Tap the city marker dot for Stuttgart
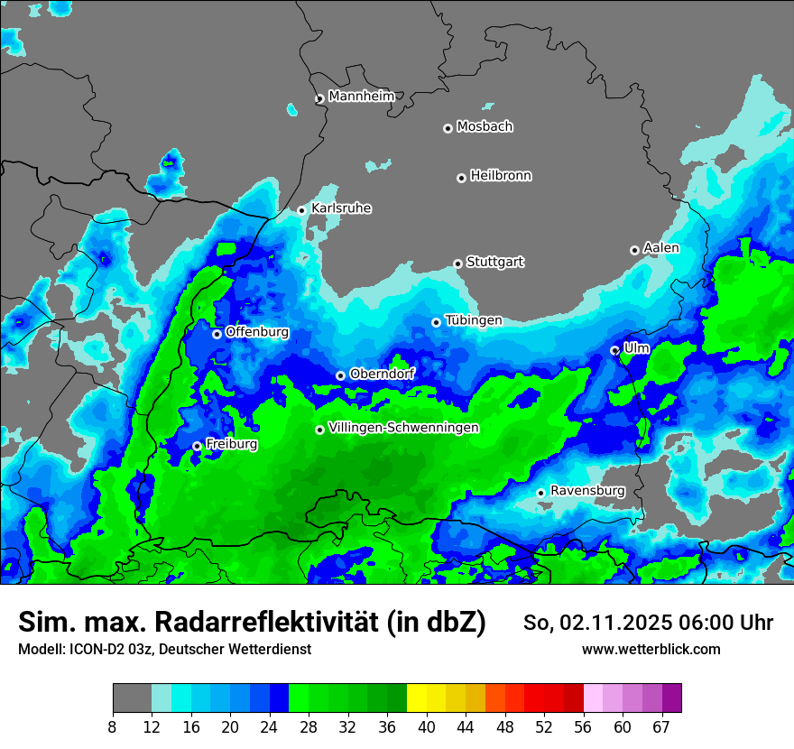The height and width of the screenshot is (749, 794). click(457, 264)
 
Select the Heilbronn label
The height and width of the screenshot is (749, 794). click(501, 176)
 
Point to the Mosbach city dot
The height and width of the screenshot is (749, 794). click(448, 128)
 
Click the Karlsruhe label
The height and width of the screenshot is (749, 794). click(341, 208)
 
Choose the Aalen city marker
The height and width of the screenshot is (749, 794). click(634, 250)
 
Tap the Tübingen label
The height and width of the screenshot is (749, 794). click(474, 320)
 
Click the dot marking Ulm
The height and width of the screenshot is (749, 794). click(614, 350)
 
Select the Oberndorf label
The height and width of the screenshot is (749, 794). click(382, 374)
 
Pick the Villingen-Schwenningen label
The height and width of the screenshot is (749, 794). click(403, 428)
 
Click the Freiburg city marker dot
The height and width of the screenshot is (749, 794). click(197, 446)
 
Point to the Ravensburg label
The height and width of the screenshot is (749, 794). click(587, 491)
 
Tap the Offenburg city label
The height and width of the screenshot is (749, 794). click(257, 332)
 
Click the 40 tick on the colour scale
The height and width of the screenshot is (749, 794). click(427, 727)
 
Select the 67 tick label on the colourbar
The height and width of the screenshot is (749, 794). click(661, 727)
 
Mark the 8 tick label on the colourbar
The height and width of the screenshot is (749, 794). click(113, 727)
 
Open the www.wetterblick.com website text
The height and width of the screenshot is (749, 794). click(651, 650)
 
